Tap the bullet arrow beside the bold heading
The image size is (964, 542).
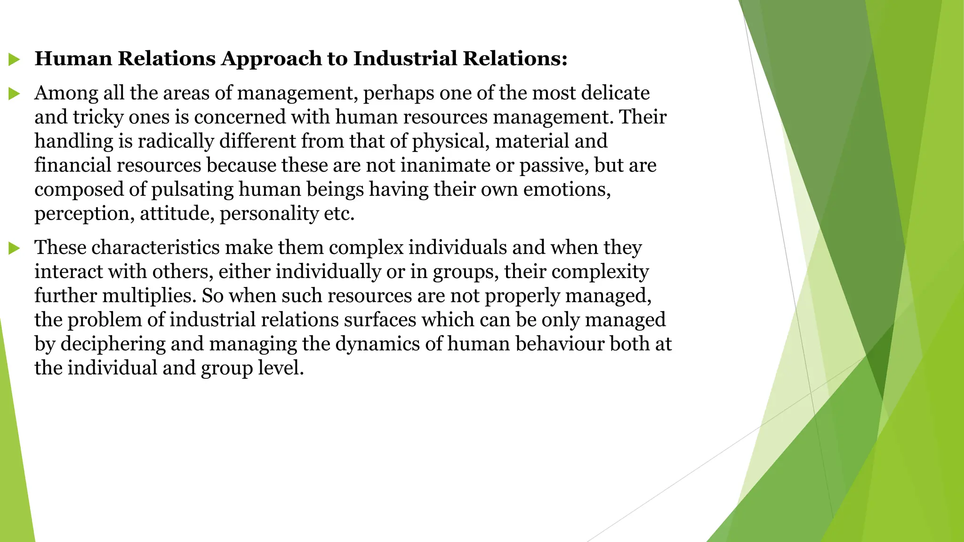click(x=14, y=60)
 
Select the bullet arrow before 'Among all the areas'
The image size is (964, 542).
click(x=14, y=94)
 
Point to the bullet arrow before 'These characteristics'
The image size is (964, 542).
click(x=14, y=248)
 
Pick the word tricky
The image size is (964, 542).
click(x=98, y=117)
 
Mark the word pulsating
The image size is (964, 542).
click(x=192, y=190)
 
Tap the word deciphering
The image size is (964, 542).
click(x=113, y=344)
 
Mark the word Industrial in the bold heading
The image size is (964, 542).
click(x=405, y=59)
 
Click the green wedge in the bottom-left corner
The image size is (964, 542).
click(x=14, y=470)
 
